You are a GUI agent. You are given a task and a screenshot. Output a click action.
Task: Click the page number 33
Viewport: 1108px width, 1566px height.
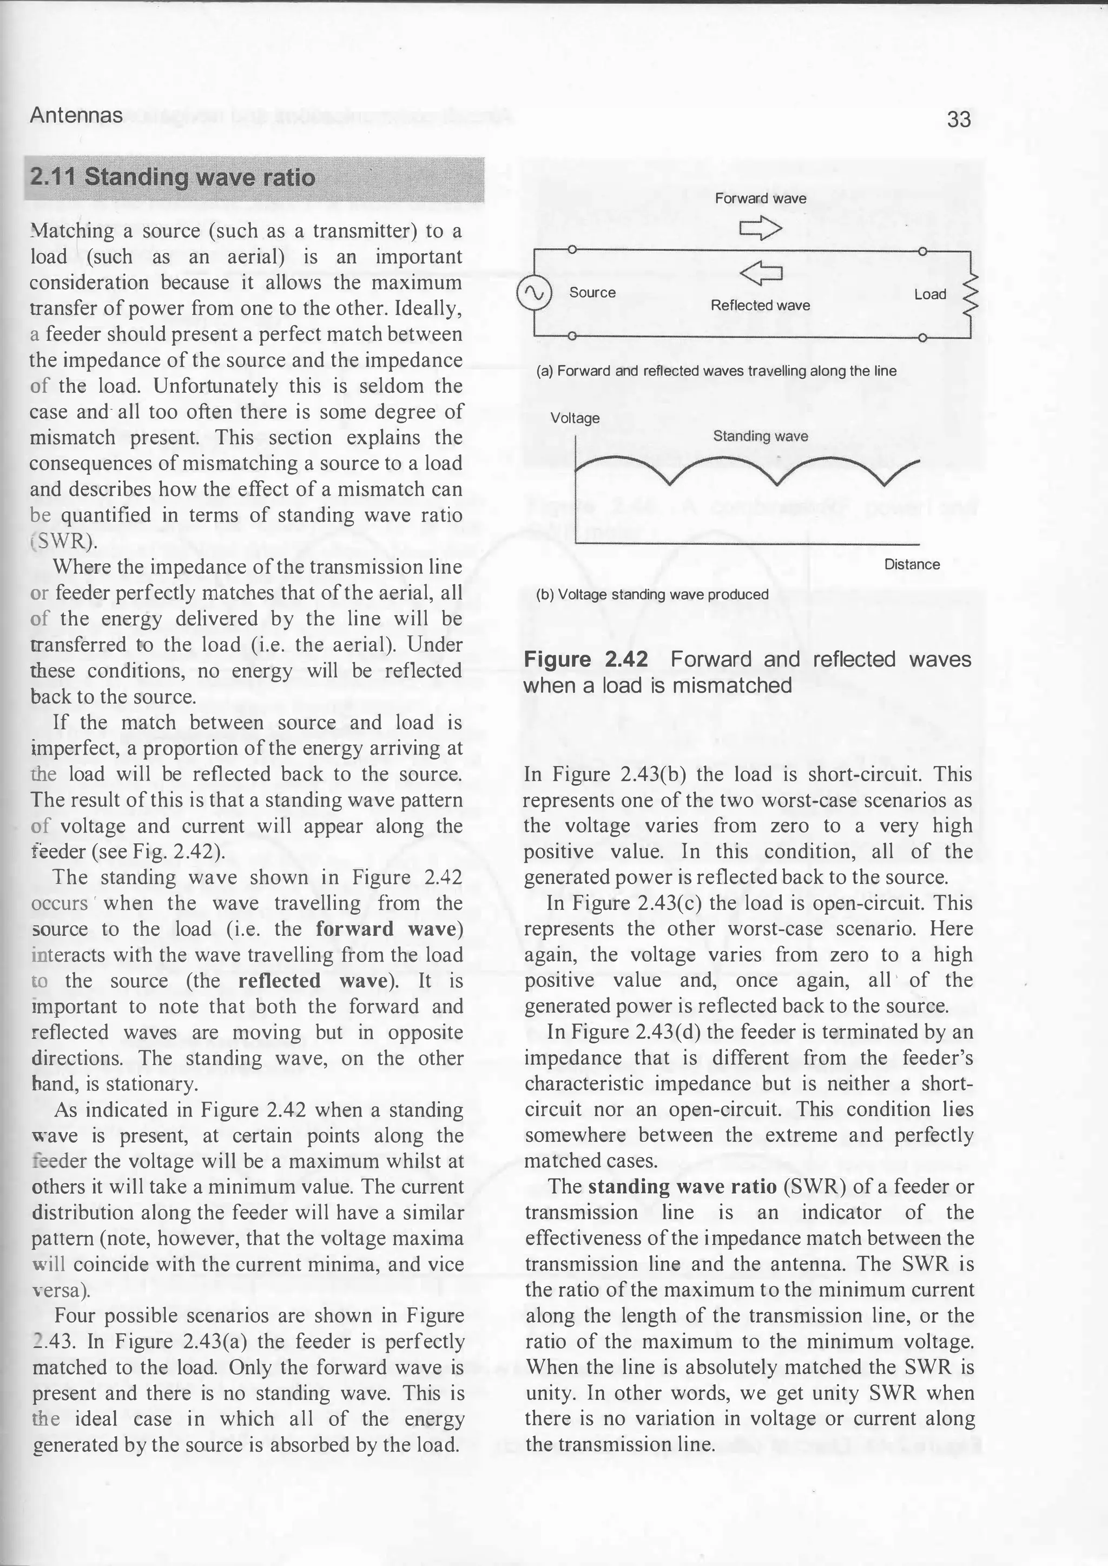pos(959,120)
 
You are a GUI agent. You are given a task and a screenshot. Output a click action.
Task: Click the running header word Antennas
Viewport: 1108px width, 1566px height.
pos(76,115)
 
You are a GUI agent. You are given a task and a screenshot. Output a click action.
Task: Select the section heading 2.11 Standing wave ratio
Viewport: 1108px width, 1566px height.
pos(173,178)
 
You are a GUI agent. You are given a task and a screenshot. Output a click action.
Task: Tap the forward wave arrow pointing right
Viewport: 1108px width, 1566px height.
pos(760,228)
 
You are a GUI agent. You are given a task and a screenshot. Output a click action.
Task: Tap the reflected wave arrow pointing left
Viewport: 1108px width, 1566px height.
pos(760,274)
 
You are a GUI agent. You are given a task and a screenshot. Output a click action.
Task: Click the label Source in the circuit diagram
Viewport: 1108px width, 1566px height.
pos(592,293)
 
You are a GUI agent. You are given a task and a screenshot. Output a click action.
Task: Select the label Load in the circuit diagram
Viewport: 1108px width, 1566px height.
pos(930,295)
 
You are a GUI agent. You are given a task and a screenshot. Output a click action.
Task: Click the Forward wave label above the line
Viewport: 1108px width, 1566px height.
pos(760,199)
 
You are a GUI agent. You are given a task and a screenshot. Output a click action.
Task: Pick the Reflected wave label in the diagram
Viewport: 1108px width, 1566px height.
pos(760,306)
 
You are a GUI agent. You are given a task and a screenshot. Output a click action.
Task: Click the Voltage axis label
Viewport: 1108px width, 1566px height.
pos(575,418)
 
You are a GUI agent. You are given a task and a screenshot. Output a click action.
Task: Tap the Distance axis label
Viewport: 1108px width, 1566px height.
pos(912,565)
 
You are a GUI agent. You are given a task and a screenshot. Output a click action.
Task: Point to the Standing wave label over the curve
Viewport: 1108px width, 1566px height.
pos(760,437)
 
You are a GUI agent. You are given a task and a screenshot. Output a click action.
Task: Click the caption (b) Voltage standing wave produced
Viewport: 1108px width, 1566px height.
pos(652,594)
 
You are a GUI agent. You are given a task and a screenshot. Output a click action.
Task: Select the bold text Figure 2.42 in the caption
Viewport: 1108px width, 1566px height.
pos(585,659)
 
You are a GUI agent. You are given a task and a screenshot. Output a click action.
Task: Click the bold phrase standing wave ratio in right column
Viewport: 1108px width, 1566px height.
pos(682,1187)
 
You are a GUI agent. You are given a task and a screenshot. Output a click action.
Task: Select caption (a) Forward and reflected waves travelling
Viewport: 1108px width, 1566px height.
pos(716,371)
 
